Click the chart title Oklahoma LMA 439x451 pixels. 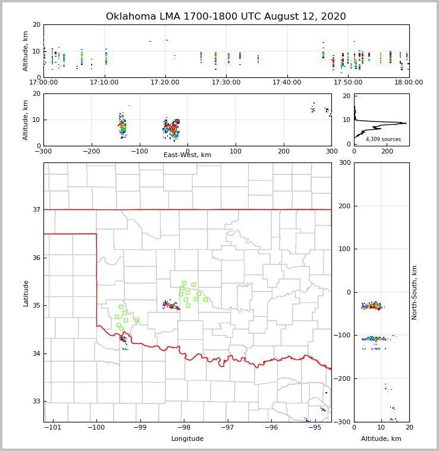tap(225, 17)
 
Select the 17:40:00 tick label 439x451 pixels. tap(287, 83)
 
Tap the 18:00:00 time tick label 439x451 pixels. tap(409, 83)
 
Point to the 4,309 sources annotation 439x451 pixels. tap(383, 139)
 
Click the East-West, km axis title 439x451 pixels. tap(187, 155)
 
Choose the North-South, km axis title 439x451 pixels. tap(415, 292)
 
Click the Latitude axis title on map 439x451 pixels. tap(26, 293)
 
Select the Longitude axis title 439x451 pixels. tap(187, 439)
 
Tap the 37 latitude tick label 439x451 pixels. tap(36, 209)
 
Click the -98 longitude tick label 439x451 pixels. tap(184, 427)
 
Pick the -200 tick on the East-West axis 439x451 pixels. tap(91, 152)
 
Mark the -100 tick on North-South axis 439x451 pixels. tap(342, 336)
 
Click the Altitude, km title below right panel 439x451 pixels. tap(381, 439)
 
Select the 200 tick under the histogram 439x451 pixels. tap(387, 152)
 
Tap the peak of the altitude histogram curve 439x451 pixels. tap(406, 123)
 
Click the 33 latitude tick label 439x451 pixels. tap(36, 401)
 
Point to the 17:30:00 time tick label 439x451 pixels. tap(227, 83)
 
